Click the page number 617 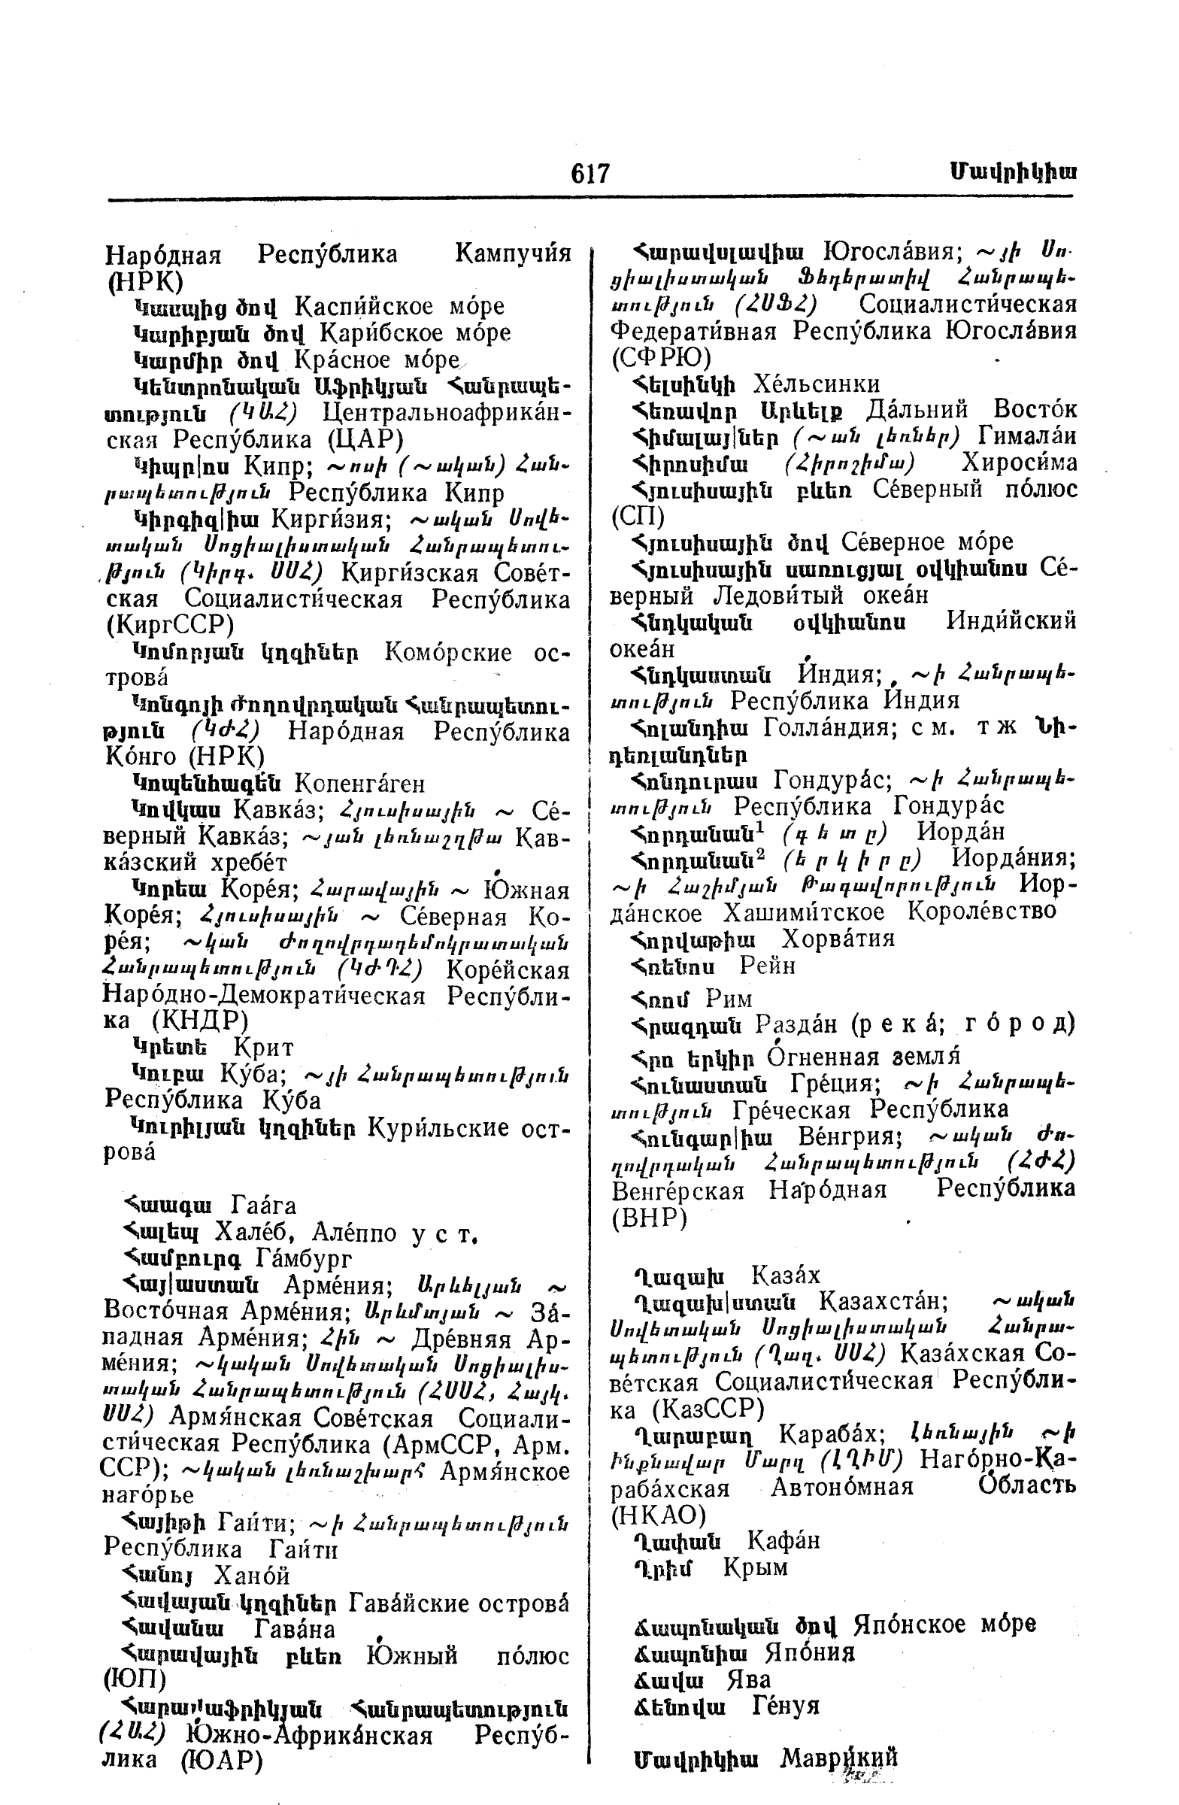pos(590,174)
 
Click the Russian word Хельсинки pos(816,384)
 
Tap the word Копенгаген pos(359,783)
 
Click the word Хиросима pos(1019,463)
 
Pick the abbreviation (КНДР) pos(199,1021)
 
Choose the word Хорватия pos(838,939)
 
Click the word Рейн pos(767,966)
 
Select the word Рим pos(729,999)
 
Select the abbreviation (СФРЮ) pos(660,357)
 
